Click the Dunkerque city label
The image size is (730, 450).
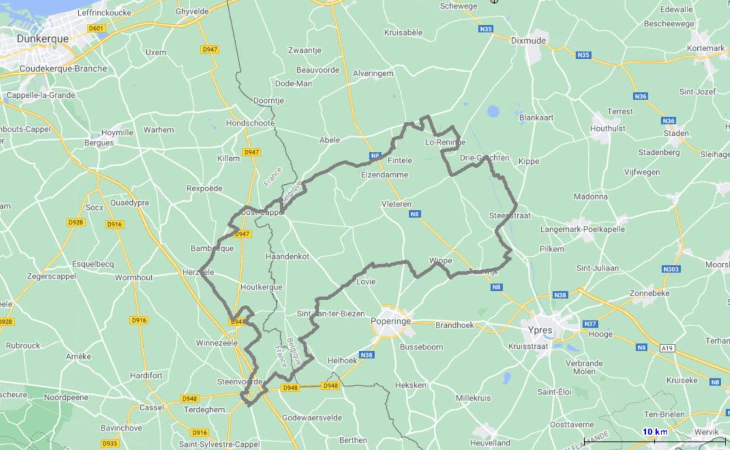[43, 39]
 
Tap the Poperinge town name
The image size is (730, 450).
[390, 321]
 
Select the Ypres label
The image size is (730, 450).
[540, 330]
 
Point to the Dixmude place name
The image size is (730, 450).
[528, 41]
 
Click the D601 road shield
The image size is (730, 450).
[96, 28]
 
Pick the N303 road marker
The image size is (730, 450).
[671, 269]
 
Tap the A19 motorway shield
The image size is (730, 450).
[667, 348]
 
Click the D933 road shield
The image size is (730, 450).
[109, 443]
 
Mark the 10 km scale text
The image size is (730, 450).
[655, 432]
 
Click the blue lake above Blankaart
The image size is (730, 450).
[493, 111]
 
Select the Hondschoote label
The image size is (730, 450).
[250, 123]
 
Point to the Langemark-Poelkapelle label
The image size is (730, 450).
[582, 229]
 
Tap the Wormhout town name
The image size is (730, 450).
[134, 278]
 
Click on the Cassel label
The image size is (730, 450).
[151, 407]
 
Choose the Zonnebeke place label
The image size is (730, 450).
[649, 293]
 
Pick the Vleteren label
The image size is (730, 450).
[396, 204]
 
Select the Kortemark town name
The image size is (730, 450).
[705, 48]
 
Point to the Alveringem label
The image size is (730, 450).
[373, 73]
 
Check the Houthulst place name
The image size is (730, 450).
[608, 128]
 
